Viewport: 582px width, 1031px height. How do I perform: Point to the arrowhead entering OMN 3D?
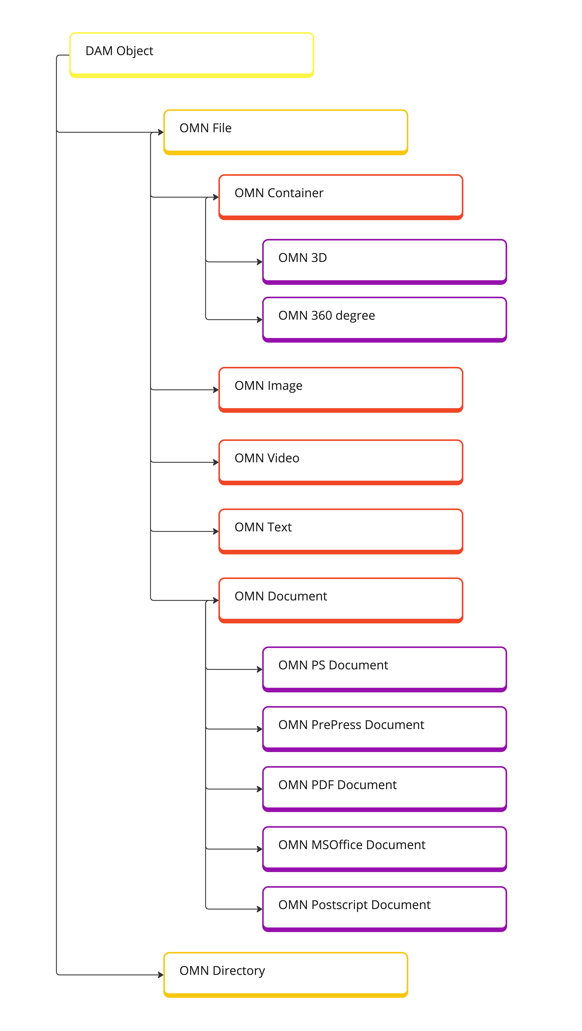[260, 262]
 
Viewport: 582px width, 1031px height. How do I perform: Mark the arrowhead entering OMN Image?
[216, 389]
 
